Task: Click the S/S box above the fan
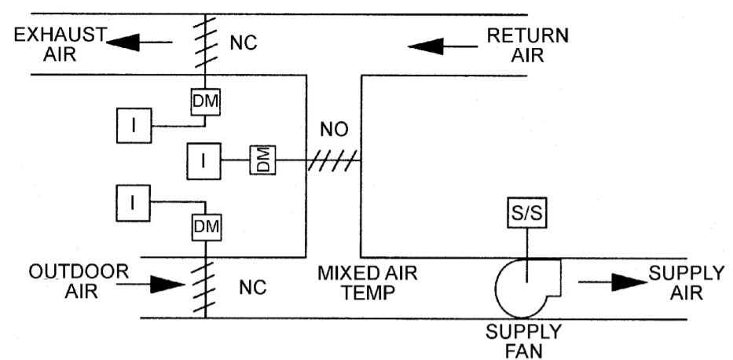[526, 213]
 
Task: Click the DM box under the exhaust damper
[204, 101]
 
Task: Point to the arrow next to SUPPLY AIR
[606, 281]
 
